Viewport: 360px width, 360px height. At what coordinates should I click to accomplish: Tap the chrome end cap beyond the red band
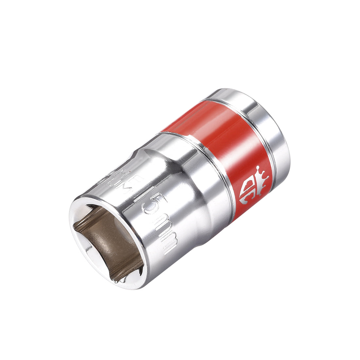pyautogui.click(x=268, y=128)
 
